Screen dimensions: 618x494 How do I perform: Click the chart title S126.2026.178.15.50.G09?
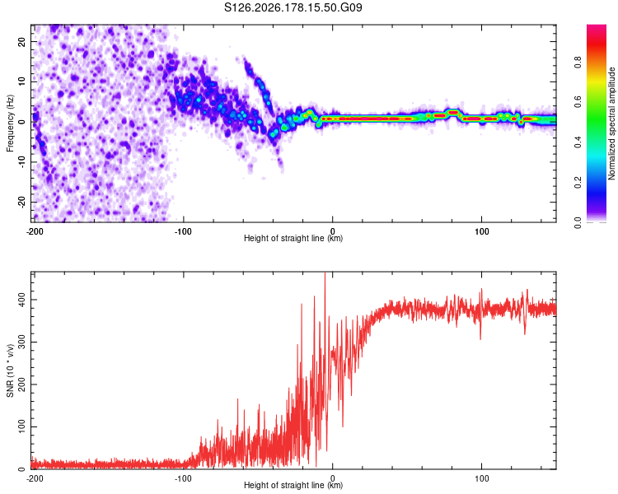point(293,7)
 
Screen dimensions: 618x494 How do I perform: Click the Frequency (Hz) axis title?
point(10,123)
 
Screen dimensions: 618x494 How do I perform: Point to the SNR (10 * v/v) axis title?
point(10,370)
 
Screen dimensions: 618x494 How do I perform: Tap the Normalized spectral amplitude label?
point(611,123)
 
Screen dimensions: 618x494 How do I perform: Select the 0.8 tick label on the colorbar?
point(578,63)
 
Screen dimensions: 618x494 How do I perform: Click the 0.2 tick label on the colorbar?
point(578,183)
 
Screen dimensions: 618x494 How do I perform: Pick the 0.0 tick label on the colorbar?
point(578,222)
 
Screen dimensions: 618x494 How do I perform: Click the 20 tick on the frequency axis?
point(22,41)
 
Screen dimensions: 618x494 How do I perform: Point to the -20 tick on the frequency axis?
point(22,202)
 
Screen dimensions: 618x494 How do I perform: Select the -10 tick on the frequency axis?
point(22,162)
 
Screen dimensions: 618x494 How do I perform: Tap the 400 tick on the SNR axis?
point(22,300)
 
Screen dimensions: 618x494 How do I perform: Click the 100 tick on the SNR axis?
point(22,426)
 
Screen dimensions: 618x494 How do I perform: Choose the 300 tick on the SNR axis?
point(22,342)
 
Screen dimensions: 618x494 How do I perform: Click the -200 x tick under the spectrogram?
point(35,231)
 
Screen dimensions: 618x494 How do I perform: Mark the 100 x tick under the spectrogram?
point(482,231)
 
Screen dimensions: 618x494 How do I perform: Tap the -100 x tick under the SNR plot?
point(183,478)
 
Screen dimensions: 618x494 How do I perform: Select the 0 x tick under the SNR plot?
point(333,478)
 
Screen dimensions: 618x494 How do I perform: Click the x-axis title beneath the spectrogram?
point(293,238)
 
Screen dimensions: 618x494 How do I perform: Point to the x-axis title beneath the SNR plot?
point(293,485)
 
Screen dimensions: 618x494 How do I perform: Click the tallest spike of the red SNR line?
point(325,273)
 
